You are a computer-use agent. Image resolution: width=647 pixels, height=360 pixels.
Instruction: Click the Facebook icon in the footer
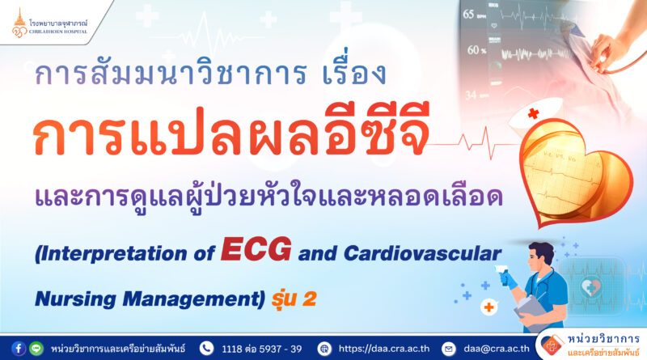tap(18, 349)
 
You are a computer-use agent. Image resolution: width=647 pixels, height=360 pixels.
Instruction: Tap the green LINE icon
tap(36, 349)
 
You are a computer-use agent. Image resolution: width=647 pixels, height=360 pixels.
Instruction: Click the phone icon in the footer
tap(206, 349)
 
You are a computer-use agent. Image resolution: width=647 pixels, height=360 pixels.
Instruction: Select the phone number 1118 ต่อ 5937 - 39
tap(261, 349)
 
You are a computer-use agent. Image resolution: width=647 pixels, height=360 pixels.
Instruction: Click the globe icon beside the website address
tap(324, 349)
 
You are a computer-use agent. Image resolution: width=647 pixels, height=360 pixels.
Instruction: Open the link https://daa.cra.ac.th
tap(383, 349)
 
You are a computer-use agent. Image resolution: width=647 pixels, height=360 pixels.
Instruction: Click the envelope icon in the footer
tap(449, 349)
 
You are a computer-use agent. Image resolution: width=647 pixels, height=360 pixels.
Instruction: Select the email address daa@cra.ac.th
tap(497, 349)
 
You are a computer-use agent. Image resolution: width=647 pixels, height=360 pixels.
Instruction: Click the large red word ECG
tap(256, 249)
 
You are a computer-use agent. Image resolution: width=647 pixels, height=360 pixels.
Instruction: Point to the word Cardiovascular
tap(422, 253)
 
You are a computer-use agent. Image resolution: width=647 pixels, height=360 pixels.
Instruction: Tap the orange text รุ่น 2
tap(294, 299)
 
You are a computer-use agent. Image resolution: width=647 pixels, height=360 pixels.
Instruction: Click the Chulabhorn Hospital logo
tap(50, 23)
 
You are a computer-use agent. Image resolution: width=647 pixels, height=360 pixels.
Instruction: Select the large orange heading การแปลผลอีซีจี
tap(231, 131)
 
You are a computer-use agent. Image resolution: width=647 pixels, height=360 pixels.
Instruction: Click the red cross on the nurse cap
tap(533, 113)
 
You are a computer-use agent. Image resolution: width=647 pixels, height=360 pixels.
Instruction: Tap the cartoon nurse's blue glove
tap(509, 279)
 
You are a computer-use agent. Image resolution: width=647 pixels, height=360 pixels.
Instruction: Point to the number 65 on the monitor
tap(468, 15)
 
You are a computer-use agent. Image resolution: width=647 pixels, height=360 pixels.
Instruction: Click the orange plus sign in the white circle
tap(489, 307)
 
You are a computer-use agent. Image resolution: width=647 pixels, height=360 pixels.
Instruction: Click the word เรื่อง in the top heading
tap(354, 70)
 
